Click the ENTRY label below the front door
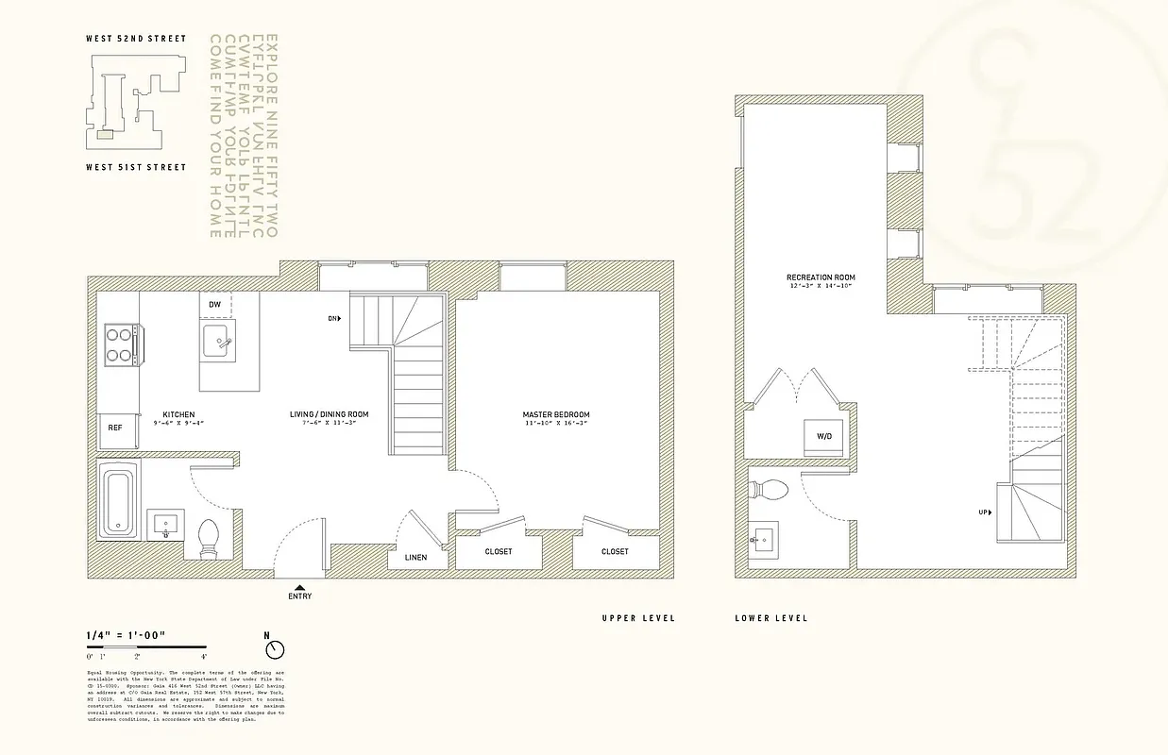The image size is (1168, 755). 299,596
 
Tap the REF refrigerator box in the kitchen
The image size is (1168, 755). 114,428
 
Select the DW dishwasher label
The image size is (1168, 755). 214,305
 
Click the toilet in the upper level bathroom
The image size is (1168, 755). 210,540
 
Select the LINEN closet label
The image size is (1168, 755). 415,557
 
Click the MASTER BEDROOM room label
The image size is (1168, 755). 556,414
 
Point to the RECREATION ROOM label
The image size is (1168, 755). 821,277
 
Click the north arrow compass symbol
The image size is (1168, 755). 275,649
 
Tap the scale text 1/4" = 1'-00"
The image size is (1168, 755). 126,635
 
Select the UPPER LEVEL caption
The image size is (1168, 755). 638,618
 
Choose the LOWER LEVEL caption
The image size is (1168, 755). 771,618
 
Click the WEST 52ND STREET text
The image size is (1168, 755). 136,40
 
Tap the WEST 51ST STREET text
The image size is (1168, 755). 136,167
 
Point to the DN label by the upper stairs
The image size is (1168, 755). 333,319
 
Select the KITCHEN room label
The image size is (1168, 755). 178,414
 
